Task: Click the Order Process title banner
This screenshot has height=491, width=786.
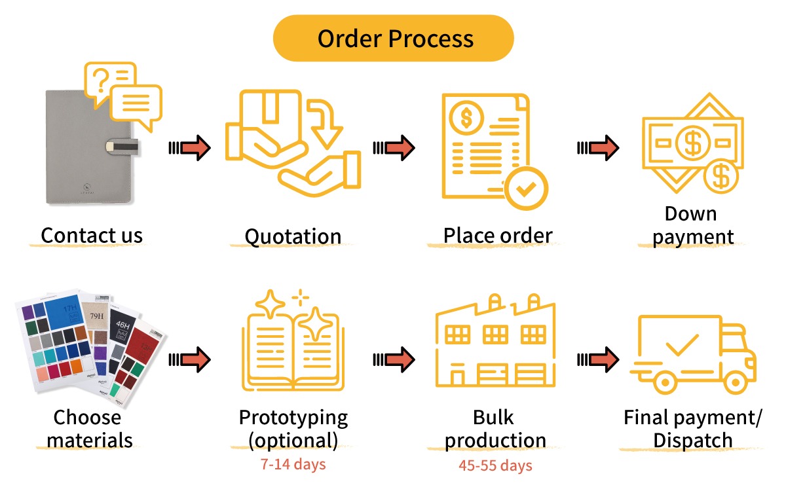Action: click(x=394, y=38)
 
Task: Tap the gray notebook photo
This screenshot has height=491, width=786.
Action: click(x=88, y=147)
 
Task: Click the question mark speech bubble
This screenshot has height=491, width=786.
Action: click(x=108, y=82)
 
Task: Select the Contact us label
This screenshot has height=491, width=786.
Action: click(x=92, y=235)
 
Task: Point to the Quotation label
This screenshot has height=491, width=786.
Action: click(x=293, y=236)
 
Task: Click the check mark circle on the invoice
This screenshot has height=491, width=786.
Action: click(x=525, y=189)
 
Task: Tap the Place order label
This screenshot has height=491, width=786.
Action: click(x=498, y=235)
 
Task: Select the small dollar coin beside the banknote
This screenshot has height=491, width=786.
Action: click(x=721, y=176)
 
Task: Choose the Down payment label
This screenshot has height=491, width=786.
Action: click(x=693, y=225)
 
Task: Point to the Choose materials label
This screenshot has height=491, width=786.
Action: click(x=89, y=429)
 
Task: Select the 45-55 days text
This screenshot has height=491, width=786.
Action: click(x=496, y=465)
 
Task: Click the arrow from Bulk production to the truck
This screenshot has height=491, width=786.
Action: click(x=598, y=359)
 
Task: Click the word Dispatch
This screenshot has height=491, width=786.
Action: click(x=693, y=440)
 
